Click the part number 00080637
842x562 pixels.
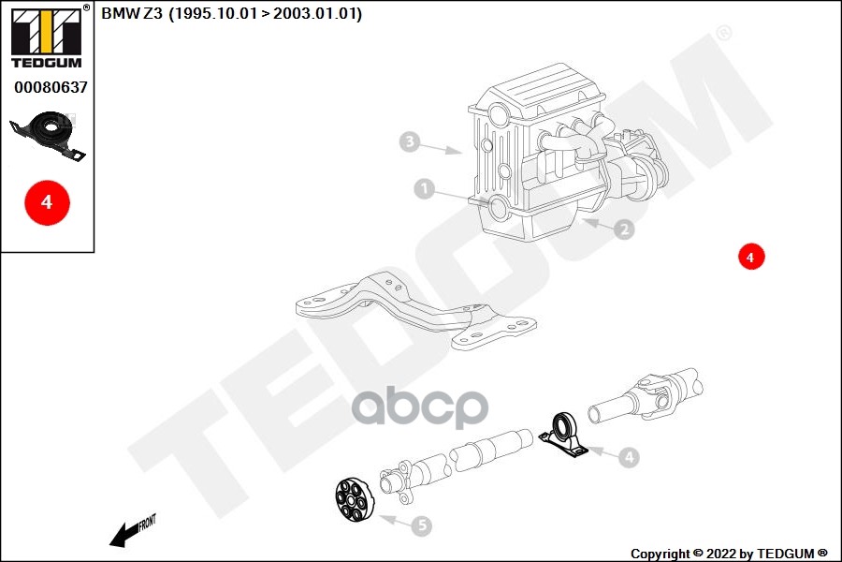[51, 87]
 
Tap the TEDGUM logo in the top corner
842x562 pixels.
[47, 37]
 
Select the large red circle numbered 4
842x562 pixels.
[47, 202]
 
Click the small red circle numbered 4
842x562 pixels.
[750, 257]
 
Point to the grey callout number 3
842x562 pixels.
[410, 142]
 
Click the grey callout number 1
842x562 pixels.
[424, 189]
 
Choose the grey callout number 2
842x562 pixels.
[624, 229]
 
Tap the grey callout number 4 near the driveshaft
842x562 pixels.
[629, 458]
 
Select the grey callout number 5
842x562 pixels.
[422, 526]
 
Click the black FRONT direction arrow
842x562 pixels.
[132, 531]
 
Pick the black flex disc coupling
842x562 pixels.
[354, 500]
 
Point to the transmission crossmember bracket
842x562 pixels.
[415, 311]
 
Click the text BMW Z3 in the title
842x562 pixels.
[132, 13]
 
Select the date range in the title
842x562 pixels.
[266, 13]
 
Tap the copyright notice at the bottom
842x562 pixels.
[729, 554]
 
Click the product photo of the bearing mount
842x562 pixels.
[48, 136]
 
